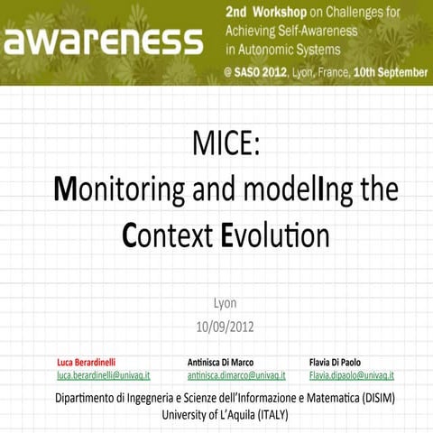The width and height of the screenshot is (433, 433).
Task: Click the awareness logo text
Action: pos(103,41)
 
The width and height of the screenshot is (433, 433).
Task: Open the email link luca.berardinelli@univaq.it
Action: pos(103,374)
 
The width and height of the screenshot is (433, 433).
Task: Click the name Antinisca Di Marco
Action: pos(220,362)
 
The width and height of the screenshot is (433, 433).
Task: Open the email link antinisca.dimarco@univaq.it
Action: pos(235,374)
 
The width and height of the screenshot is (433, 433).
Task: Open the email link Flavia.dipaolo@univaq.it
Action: pos(352,374)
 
